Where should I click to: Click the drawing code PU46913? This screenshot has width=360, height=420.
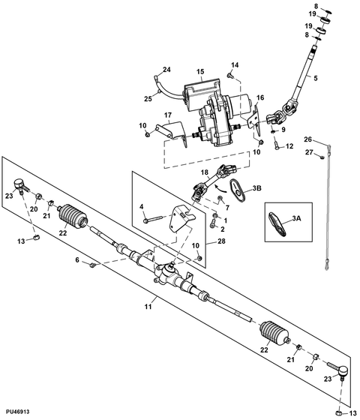(x=18, y=412)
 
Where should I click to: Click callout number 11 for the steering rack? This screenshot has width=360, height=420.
(x=148, y=307)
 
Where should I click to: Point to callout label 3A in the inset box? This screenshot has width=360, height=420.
(x=296, y=218)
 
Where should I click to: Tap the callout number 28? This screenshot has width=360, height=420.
(x=221, y=241)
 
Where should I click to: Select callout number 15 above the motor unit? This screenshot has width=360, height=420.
(x=200, y=72)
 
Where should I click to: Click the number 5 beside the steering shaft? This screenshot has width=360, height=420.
(x=315, y=78)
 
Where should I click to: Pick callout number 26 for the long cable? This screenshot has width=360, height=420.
(x=308, y=139)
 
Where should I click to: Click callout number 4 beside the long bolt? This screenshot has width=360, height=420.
(x=142, y=207)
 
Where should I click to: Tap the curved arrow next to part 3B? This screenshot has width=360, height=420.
(x=221, y=187)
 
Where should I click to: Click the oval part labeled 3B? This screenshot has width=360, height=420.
(x=238, y=190)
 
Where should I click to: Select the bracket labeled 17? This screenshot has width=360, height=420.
(x=172, y=131)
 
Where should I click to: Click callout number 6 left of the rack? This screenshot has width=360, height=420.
(x=77, y=259)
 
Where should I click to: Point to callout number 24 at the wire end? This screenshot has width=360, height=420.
(x=166, y=70)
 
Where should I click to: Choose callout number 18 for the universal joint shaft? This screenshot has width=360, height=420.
(x=205, y=172)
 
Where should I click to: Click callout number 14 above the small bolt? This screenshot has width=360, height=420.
(x=235, y=65)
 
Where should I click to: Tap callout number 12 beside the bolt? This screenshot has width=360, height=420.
(x=289, y=146)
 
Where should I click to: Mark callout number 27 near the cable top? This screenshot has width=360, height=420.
(x=309, y=152)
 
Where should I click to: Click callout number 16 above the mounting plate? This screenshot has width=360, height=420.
(x=260, y=97)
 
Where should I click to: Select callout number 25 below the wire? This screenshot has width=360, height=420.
(x=148, y=99)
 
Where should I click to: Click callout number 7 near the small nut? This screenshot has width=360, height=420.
(x=227, y=207)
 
